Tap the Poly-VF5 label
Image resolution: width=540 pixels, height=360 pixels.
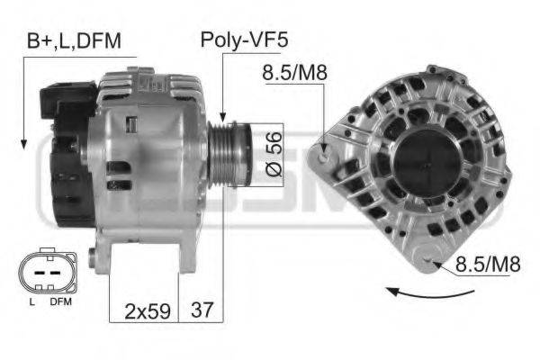(243, 40)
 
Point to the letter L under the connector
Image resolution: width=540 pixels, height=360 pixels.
(31, 302)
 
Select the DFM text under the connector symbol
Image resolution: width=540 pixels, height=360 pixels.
(60, 302)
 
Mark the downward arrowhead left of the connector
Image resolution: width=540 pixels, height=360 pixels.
(22, 143)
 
